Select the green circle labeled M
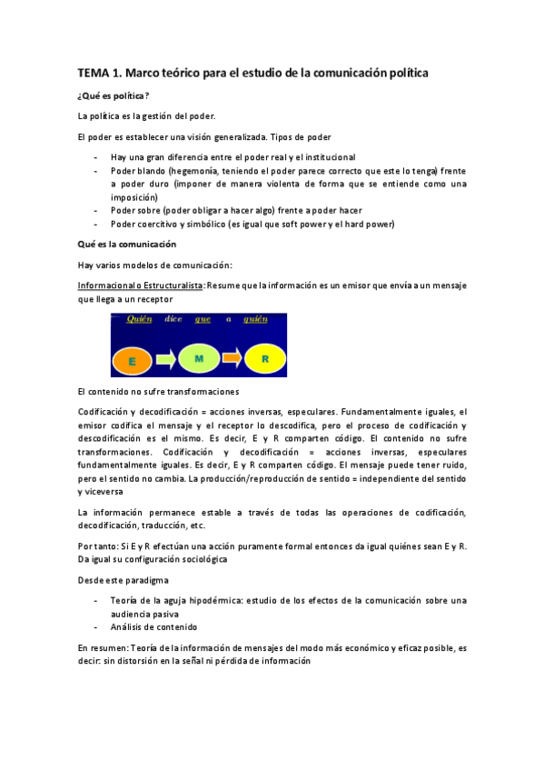198,359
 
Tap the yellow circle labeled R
264,359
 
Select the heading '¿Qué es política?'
114,95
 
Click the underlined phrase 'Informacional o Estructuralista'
141,285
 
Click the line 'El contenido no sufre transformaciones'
159,391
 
